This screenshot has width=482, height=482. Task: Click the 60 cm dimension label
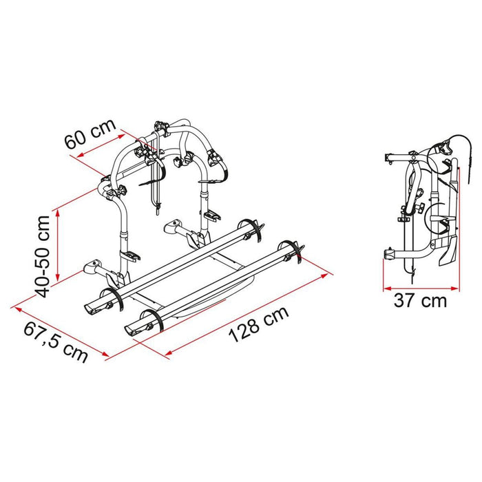click(x=90, y=138)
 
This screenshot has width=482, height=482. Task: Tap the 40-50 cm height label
click(x=43, y=255)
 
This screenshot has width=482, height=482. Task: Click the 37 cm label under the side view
click(x=421, y=300)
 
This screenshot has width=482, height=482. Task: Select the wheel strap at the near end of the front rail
click(x=157, y=322)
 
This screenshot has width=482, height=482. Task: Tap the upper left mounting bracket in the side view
click(x=389, y=158)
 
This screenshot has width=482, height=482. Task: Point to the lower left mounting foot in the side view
click(x=390, y=256)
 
